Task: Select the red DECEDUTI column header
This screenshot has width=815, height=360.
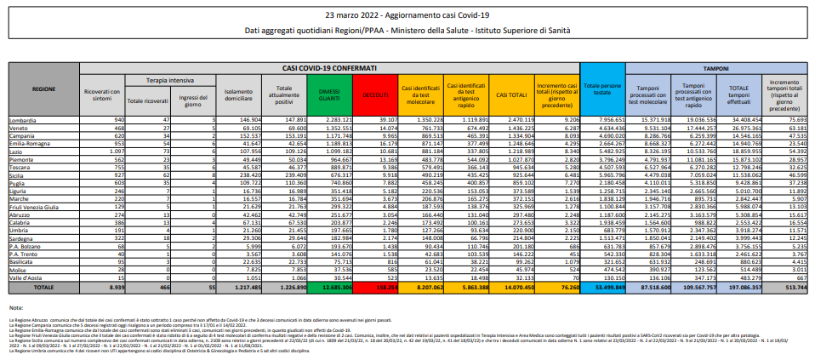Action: pos(374,94)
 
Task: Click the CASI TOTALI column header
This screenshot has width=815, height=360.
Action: pos(510,94)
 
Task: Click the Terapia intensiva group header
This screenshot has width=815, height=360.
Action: pos(166,77)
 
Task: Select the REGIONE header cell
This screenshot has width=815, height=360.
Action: pos(44,89)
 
